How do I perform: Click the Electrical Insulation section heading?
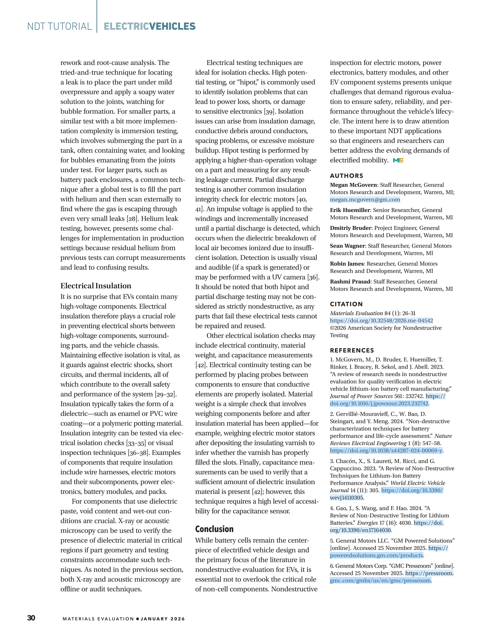click(96, 286)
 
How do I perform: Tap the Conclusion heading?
click(214, 529)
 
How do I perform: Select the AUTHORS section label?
click(347, 176)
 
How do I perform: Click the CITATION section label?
click(346, 304)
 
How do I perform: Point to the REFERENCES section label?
click(352, 350)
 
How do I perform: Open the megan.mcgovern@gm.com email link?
click(365, 199)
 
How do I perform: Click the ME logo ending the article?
click(398, 160)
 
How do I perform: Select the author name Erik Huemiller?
click(350, 210)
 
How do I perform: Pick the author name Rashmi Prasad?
click(350, 282)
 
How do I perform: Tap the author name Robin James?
click(347, 264)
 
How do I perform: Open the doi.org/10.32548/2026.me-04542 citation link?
click(381, 321)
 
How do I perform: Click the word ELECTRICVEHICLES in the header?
click(149, 26)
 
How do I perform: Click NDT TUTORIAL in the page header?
click(60, 26)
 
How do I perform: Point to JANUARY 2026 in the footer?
click(162, 619)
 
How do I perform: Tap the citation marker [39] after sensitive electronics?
click(269, 111)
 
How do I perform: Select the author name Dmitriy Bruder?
click(350, 228)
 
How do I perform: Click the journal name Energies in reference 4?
click(367, 523)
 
